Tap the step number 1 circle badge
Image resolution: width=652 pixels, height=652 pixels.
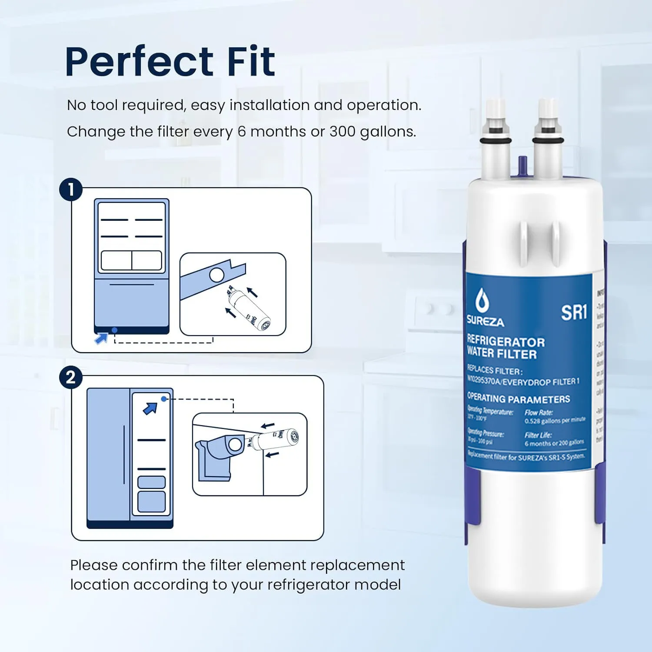click(70, 190)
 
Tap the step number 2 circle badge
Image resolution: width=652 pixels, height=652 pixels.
click(70, 377)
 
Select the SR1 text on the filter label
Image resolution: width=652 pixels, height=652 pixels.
click(574, 313)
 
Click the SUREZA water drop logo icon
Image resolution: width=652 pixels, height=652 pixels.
click(482, 300)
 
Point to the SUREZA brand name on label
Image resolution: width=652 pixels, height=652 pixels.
click(485, 322)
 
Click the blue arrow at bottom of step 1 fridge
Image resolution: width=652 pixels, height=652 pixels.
click(102, 338)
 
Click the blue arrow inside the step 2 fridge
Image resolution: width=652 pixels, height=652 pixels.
click(150, 409)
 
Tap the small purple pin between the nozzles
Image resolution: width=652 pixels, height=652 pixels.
click(522, 165)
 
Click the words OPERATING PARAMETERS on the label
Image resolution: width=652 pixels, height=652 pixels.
click(518, 399)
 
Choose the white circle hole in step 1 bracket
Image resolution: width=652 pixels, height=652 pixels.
click(216, 275)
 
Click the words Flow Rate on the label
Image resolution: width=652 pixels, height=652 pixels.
click(539, 412)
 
